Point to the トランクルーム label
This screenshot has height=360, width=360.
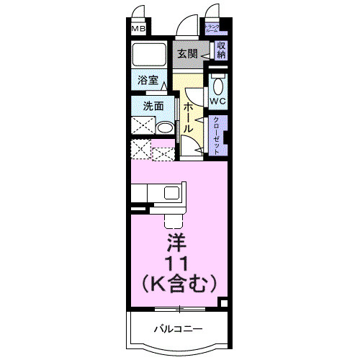214,28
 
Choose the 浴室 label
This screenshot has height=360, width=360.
148,81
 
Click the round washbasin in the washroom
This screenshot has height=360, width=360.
165,129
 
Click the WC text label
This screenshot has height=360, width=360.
218,102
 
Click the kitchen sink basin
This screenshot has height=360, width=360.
172,193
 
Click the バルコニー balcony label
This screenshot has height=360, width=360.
177,329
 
